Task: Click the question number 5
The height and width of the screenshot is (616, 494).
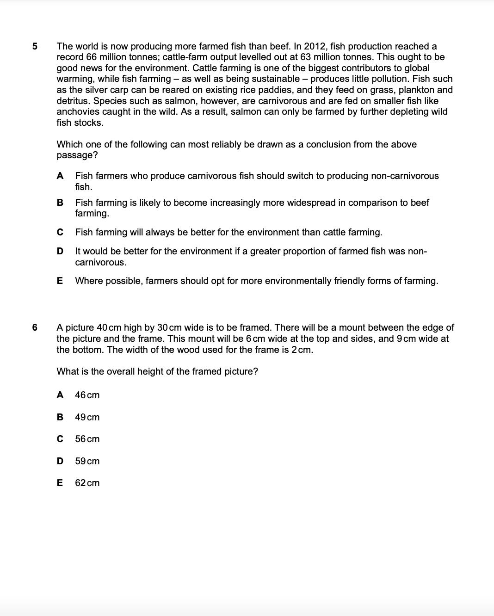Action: (x=35, y=46)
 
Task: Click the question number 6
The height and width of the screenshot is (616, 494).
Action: (x=35, y=327)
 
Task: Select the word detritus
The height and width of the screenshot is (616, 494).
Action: (x=73, y=101)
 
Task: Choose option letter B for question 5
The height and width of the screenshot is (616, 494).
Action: (x=60, y=203)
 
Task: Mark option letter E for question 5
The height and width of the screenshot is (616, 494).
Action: (x=60, y=281)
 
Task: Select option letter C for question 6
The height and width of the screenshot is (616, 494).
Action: (x=60, y=439)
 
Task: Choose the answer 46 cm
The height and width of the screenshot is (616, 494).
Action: (x=87, y=395)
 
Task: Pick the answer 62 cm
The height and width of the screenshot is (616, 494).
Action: (x=87, y=483)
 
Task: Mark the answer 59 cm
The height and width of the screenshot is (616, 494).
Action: (x=87, y=461)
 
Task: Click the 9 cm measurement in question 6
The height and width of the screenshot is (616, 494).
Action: (x=406, y=339)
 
